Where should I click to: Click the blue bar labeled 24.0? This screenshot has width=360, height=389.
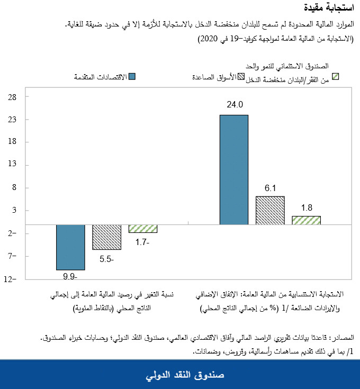pos(234,169)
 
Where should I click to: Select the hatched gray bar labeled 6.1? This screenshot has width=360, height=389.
pos(270,210)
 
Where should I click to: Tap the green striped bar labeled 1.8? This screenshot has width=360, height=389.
pos(306,220)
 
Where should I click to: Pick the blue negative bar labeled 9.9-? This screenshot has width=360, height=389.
pos(70,247)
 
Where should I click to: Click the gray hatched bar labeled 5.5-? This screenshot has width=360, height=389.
pos(106,237)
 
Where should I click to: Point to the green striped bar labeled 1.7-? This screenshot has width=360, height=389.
pos(142,229)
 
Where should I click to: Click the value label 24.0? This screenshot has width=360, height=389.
pos(234,104)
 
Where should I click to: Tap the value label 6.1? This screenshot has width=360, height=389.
pos(270,187)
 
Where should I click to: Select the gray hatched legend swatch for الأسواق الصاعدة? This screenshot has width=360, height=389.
pos(241,77)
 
